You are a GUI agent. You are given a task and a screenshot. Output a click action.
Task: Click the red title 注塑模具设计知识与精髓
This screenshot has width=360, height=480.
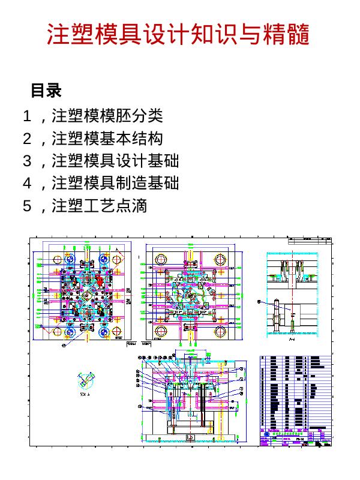click(x=178, y=35)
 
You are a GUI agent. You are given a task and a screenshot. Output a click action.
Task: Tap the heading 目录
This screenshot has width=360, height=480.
click(x=46, y=91)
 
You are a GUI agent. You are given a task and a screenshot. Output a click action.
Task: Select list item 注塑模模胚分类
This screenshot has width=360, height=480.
click(x=107, y=115)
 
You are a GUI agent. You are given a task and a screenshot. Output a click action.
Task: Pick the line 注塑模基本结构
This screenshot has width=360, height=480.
click(x=107, y=139)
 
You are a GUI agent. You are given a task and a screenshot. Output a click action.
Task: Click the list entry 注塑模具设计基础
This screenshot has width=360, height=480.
click(x=115, y=161)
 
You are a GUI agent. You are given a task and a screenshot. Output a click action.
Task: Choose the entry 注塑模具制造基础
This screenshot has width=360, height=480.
click(x=115, y=183)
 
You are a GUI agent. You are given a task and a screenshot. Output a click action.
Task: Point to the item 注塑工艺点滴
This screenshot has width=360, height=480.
click(x=100, y=206)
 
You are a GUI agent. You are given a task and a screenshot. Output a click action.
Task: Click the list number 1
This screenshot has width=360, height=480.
click(x=26, y=115)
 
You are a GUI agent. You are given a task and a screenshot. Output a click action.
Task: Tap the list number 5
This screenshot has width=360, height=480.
click(x=26, y=206)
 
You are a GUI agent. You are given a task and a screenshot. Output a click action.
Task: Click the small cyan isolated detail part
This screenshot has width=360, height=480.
click(x=86, y=380)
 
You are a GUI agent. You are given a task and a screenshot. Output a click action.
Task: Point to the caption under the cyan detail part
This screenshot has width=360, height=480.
click(x=85, y=395)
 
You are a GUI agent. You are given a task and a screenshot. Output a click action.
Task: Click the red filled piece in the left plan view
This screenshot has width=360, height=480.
click(x=98, y=280)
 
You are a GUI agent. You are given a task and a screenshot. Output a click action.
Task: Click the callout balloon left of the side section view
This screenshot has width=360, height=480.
click(x=260, y=302)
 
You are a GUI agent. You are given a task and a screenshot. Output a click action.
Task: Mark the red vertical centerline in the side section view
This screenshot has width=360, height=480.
click(x=292, y=294)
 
